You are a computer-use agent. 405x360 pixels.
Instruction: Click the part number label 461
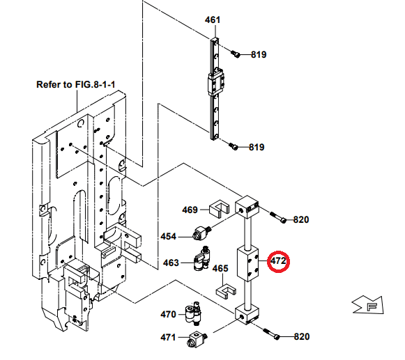click(x=213, y=19)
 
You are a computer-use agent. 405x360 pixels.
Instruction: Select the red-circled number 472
click(x=279, y=261)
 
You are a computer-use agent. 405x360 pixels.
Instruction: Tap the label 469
click(x=190, y=210)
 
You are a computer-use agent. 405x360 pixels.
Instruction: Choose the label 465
click(x=220, y=268)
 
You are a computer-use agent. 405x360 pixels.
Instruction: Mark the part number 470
click(x=169, y=314)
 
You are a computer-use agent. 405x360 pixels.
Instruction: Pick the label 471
click(x=169, y=338)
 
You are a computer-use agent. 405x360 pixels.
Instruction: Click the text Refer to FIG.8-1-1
click(x=75, y=85)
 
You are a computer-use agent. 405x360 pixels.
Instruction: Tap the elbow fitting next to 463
click(x=203, y=259)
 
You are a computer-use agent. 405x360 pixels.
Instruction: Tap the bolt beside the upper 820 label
click(x=277, y=218)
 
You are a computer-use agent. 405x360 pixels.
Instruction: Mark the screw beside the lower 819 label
click(x=234, y=147)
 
